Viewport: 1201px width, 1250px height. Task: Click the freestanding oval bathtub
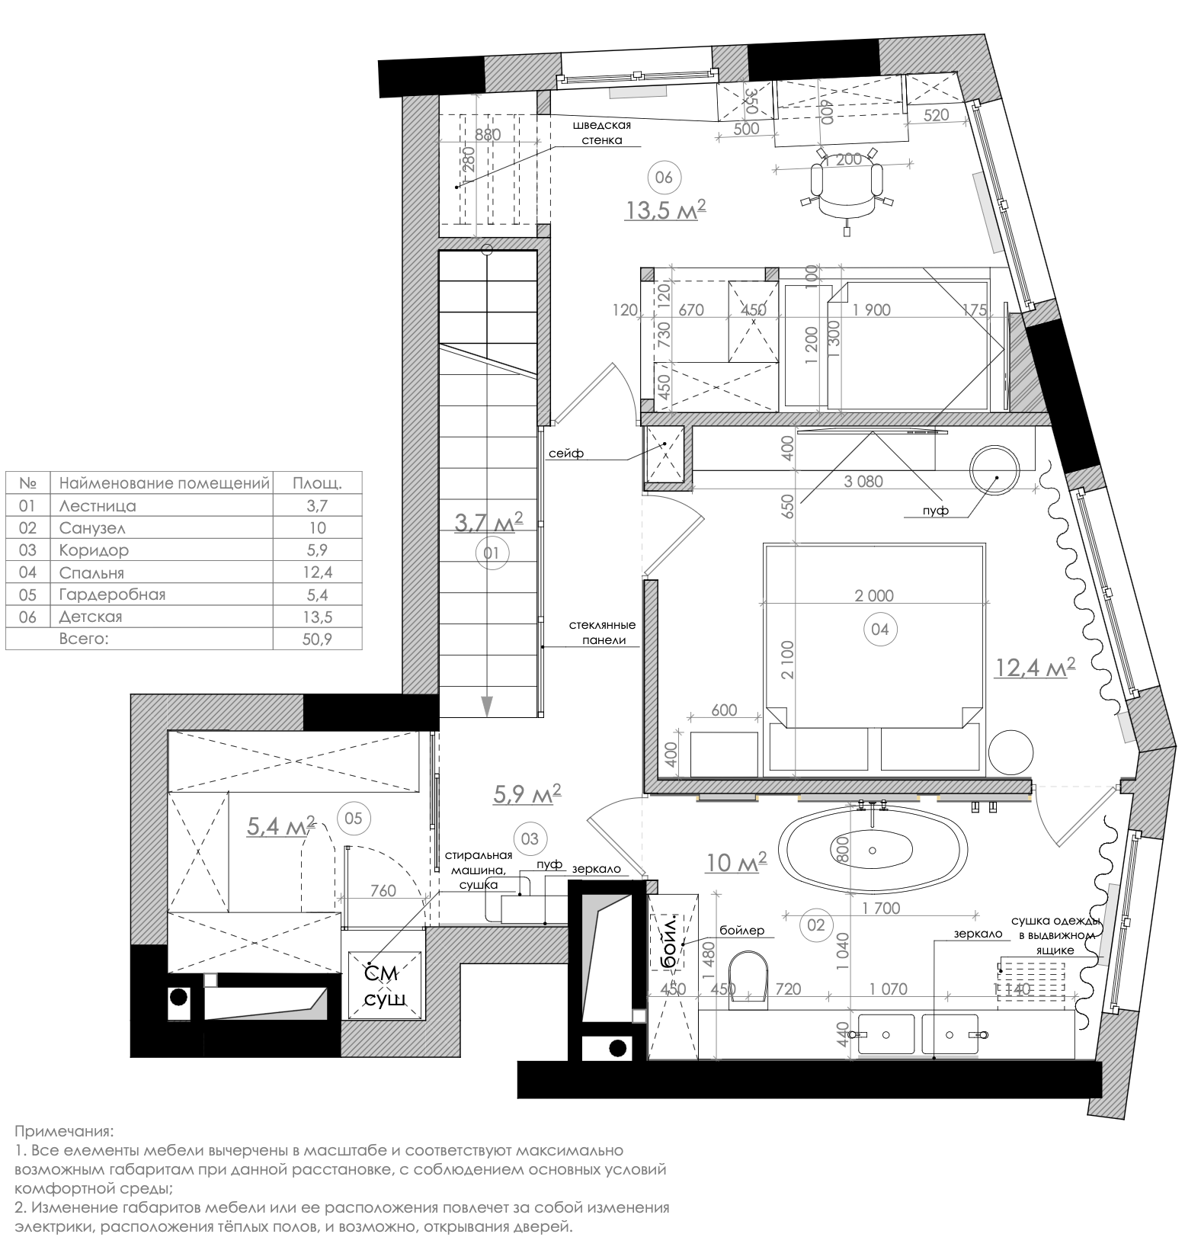[x=873, y=850]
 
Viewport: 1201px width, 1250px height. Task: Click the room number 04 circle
[x=879, y=629]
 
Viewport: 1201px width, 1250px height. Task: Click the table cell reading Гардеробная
[x=112, y=594]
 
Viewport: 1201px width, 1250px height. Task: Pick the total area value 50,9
[x=317, y=639]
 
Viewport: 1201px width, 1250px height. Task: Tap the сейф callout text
[x=565, y=454]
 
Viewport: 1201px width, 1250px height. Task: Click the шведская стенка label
[x=602, y=133]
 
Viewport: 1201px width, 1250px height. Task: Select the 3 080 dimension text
[x=863, y=481]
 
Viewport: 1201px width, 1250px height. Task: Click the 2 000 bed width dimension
[x=873, y=595]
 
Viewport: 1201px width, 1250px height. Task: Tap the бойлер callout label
[x=741, y=931]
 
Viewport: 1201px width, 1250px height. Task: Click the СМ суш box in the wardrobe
[x=384, y=985]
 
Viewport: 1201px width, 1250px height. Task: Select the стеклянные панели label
[x=602, y=633]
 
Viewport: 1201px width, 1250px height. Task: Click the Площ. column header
[x=317, y=483]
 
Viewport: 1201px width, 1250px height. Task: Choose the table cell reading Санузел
[x=92, y=527]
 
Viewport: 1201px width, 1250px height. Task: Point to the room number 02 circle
[x=815, y=925]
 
